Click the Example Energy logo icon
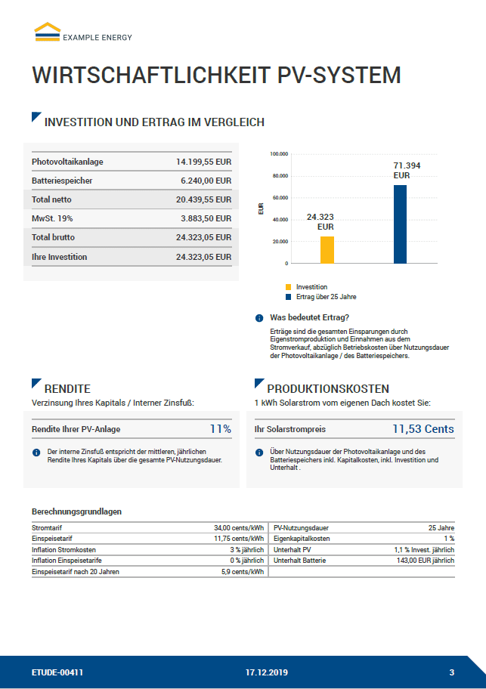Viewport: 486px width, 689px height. coord(47,30)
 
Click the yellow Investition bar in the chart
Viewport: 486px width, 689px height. coord(327,249)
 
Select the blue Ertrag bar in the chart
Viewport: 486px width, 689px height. coord(400,224)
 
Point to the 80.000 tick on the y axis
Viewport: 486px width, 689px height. coord(280,176)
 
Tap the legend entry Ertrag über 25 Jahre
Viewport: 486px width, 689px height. coord(327,297)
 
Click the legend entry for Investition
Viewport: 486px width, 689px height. coord(311,287)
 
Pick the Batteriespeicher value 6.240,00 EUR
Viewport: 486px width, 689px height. coord(206,181)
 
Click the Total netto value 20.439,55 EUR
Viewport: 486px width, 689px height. coord(203,200)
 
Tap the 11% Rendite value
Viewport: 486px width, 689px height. coord(220,429)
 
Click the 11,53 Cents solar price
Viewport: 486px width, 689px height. coord(423,429)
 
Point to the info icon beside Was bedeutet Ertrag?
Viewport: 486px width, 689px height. coord(259,318)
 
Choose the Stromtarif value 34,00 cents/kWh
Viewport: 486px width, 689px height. coord(238,527)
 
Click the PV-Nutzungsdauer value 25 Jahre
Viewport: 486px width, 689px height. coord(441,527)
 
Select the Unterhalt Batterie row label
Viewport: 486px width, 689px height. coord(300,561)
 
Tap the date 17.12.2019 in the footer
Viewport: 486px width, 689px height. coord(266,672)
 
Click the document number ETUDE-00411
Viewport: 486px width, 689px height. coord(57,672)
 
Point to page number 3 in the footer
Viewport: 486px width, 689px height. coord(451,672)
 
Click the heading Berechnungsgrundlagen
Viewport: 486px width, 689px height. coord(76,511)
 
